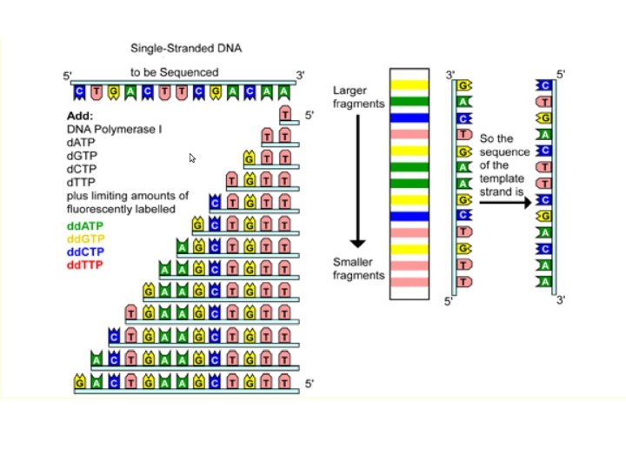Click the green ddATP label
point(84,225)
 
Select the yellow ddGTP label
point(85,238)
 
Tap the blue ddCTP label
point(84,251)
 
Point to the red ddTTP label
point(84,263)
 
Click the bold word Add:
point(79,116)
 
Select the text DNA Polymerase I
point(110,129)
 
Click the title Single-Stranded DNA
point(185,48)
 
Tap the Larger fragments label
point(357,97)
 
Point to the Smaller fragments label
point(357,268)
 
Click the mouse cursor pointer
point(192,158)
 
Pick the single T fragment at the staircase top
point(285,114)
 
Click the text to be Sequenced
point(175,72)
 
